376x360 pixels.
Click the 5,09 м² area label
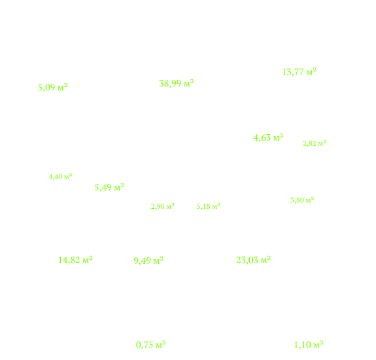coord(53,87)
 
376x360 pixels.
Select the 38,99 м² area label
coord(177,84)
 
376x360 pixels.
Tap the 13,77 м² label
coord(299,72)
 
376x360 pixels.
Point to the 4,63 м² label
coord(269,137)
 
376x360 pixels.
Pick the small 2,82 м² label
coord(315,143)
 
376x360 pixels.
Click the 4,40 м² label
coord(60,177)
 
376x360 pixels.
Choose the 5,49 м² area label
coord(109,187)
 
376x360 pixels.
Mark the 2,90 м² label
coord(163,206)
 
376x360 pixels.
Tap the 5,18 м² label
coord(209,206)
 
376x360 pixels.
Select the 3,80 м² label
coord(302,200)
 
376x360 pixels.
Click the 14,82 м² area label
coord(76,260)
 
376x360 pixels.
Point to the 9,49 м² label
coord(148,261)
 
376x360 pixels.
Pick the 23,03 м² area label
coord(254,260)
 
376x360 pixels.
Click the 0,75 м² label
coord(151,345)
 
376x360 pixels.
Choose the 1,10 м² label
coord(309,345)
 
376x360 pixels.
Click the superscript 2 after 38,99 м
coord(192,81)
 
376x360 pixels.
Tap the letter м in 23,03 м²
coord(264,261)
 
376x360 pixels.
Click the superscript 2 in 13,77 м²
coord(315,69)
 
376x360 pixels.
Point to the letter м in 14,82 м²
coord(86,261)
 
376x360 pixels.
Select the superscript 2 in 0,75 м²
coord(164,343)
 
